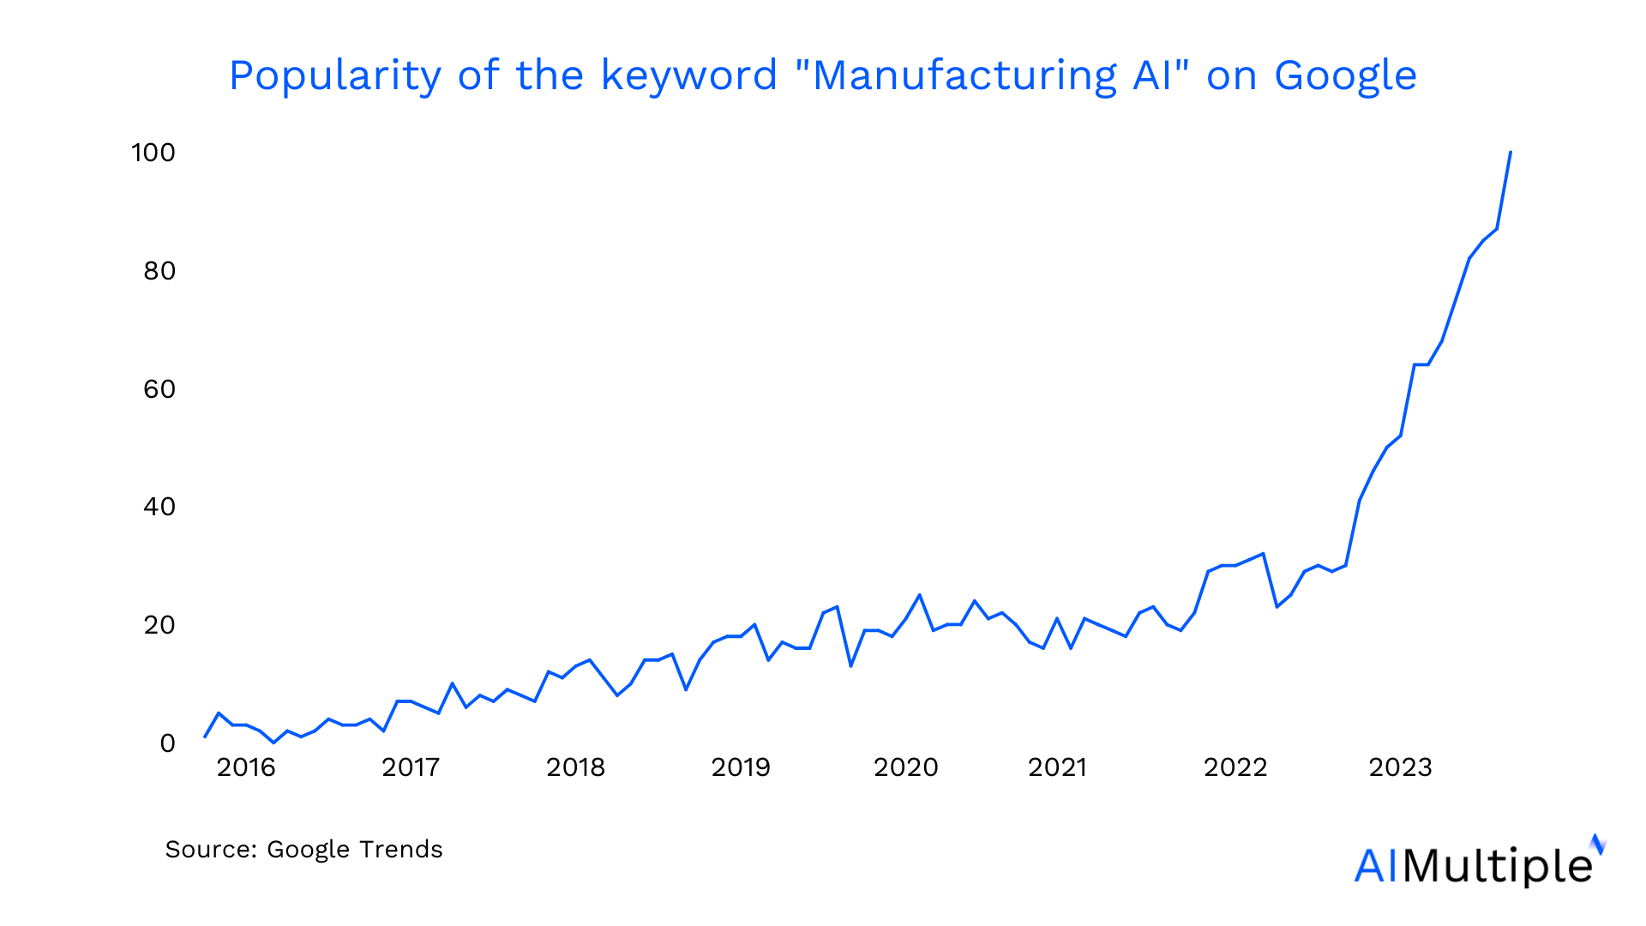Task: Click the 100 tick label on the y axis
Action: point(153,153)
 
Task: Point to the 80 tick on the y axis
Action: point(159,271)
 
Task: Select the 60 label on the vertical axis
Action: point(159,389)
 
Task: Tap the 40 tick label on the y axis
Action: point(159,507)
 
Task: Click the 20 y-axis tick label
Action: point(159,625)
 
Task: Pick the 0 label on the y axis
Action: point(167,743)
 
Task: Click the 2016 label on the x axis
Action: point(246,767)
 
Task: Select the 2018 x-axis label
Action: point(575,767)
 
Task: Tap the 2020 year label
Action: point(905,767)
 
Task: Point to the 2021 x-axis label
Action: point(1057,767)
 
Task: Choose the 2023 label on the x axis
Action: point(1400,767)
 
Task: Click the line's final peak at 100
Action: point(1510,153)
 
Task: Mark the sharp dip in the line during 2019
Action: point(850,665)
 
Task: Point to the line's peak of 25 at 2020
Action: point(919,595)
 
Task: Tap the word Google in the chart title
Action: point(1345,75)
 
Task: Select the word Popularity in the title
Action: point(334,75)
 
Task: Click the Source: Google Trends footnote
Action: point(303,849)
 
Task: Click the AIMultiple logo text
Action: point(1473,865)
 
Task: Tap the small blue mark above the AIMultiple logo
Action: point(1597,844)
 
